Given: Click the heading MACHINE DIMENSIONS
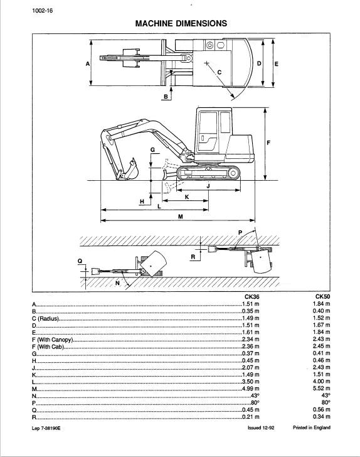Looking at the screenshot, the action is click(181, 23).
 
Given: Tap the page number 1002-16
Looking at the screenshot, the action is click(43, 11).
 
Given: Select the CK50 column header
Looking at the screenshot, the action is click(323, 297).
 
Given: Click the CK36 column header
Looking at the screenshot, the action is click(251, 297).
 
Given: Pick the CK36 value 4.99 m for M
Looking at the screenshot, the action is click(251, 389).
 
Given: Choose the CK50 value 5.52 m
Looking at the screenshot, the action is click(322, 388).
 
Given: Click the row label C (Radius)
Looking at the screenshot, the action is click(45, 318).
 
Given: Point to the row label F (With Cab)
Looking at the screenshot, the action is click(48, 347).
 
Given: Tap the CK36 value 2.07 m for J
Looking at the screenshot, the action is click(251, 367).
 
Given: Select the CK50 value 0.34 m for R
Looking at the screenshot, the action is click(322, 416).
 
